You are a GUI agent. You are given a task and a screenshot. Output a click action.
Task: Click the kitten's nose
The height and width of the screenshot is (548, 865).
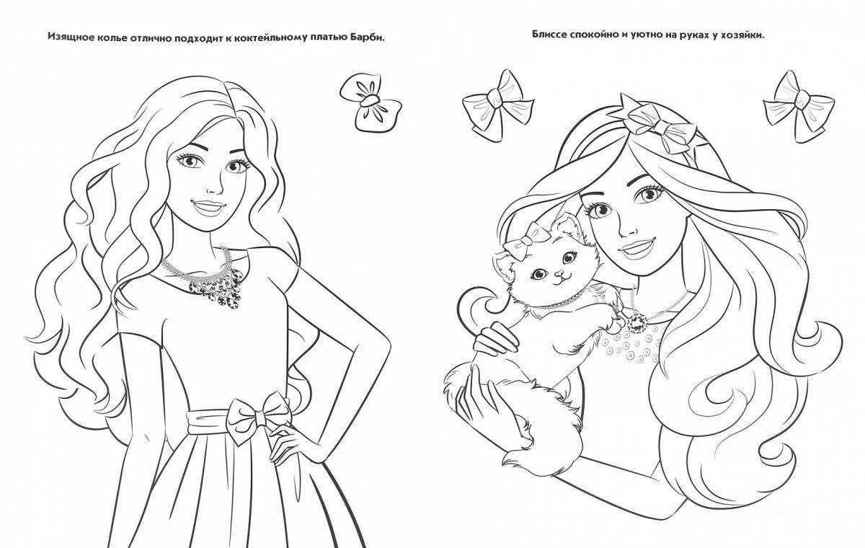tap(543, 275)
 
